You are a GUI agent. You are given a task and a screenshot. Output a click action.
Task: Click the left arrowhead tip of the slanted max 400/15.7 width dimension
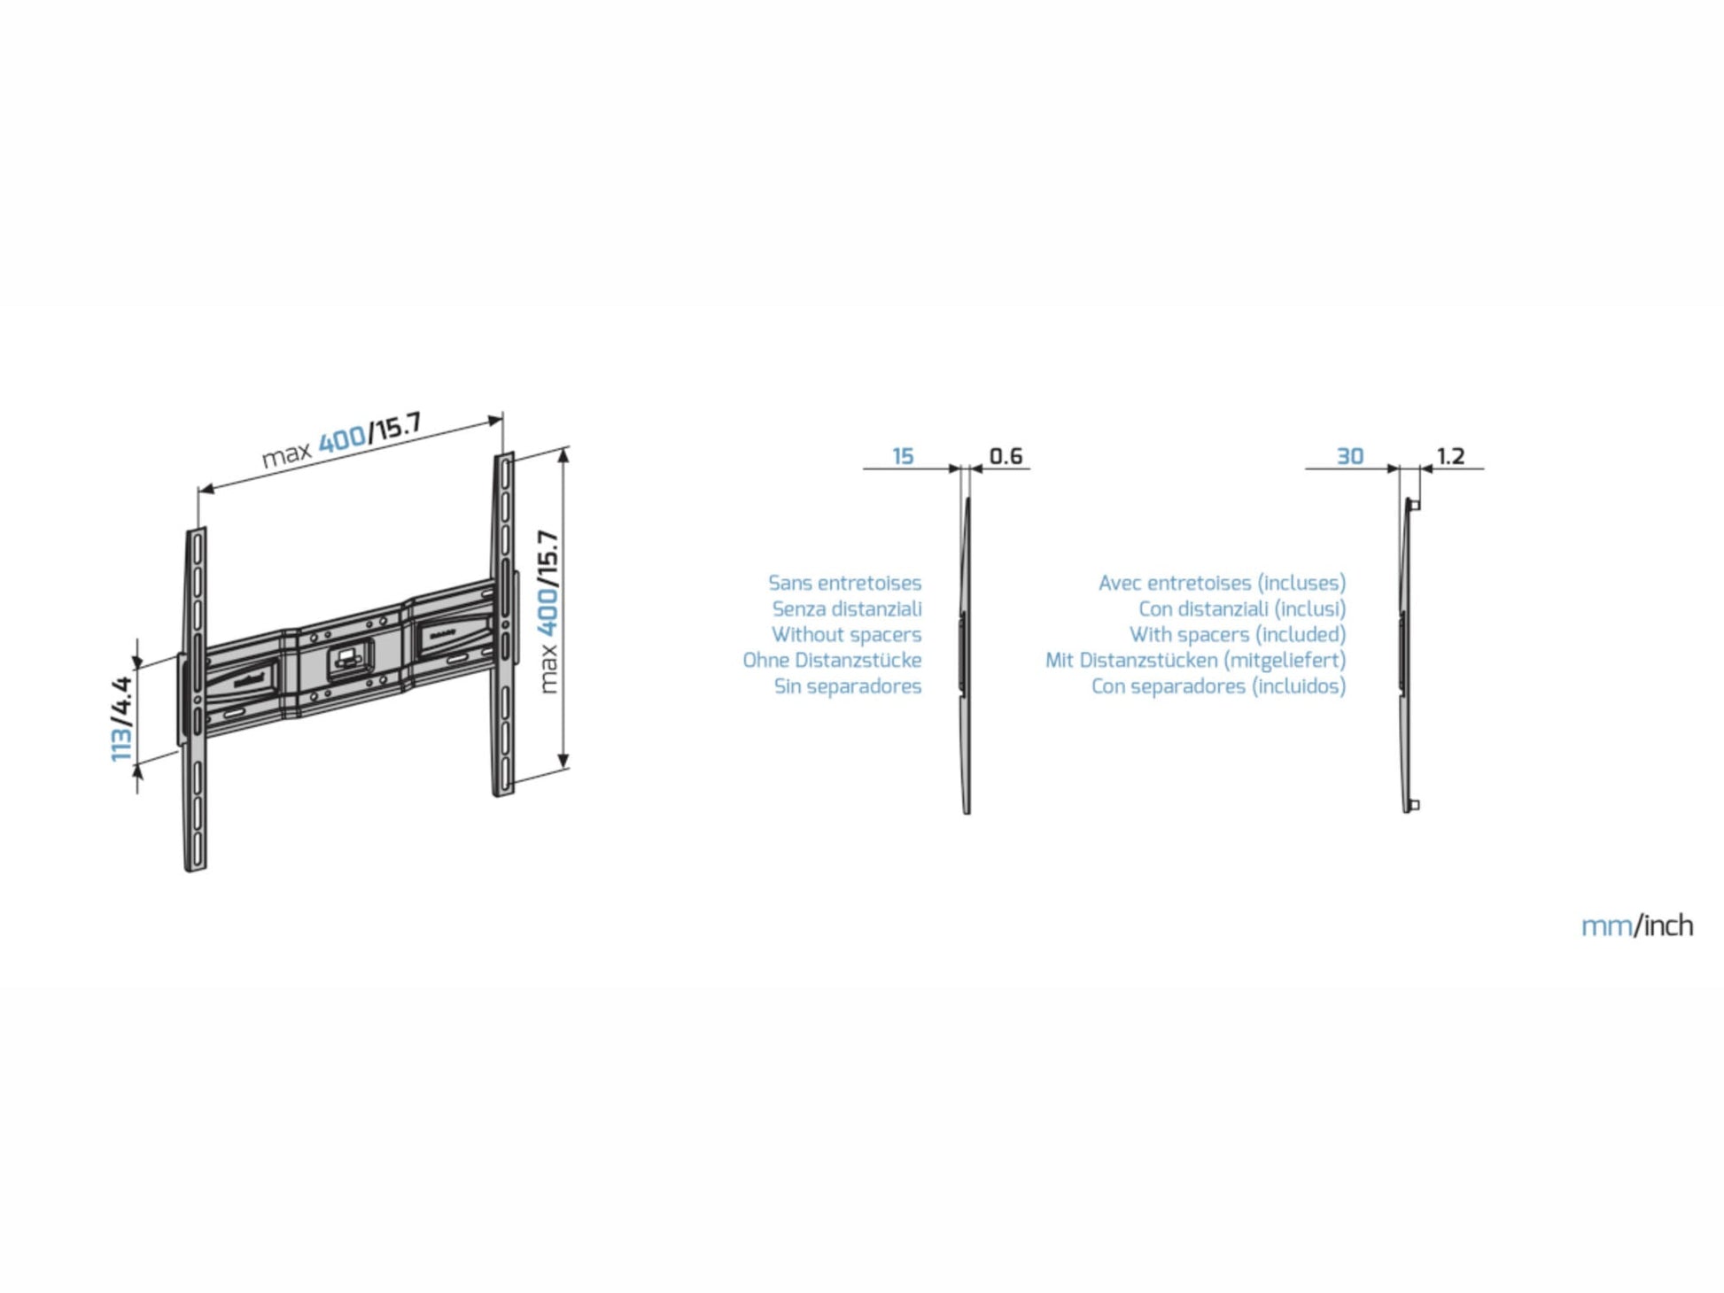tap(199, 491)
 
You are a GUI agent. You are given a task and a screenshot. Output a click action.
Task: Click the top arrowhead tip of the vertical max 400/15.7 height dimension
tap(563, 449)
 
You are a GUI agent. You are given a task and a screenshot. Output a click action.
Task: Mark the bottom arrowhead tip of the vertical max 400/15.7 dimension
tap(563, 769)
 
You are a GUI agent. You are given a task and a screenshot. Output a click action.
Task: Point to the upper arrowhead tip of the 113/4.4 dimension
tap(137, 669)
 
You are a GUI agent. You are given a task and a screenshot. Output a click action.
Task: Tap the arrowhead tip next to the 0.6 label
tap(971, 468)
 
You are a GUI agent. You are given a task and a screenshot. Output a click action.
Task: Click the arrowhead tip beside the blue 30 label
tap(1400, 468)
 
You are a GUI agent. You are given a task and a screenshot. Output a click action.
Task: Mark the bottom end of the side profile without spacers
tap(967, 813)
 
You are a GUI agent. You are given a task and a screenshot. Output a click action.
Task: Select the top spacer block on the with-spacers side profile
tap(1415, 505)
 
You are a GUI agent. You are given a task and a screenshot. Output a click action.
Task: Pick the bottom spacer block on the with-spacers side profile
tap(1415, 805)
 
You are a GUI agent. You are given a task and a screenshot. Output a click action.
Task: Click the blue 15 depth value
tap(903, 456)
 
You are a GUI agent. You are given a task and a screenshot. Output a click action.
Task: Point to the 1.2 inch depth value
tap(1450, 456)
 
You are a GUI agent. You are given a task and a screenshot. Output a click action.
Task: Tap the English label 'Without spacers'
tap(846, 634)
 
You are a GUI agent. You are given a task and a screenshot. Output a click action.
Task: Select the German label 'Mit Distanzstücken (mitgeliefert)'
tap(1195, 660)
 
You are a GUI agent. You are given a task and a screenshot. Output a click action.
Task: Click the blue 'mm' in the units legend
tap(1606, 926)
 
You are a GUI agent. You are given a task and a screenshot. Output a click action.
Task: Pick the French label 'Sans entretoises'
tap(844, 583)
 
